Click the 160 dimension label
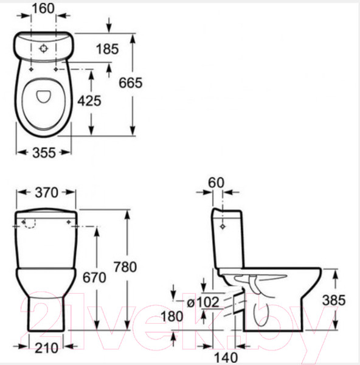click(43, 9)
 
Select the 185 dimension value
click(107, 49)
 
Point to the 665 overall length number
click(130, 83)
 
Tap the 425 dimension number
click(89, 101)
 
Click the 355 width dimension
click(44, 153)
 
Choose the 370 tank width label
click(47, 193)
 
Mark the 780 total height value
click(125, 267)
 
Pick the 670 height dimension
click(94, 277)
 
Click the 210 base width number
click(46, 348)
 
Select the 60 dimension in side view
click(216, 182)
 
